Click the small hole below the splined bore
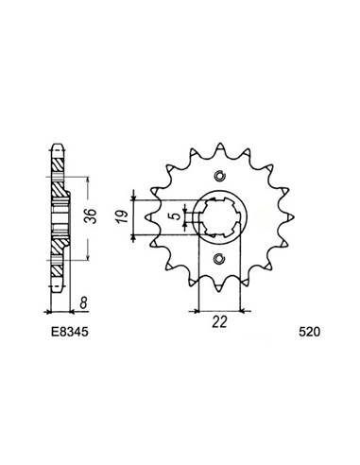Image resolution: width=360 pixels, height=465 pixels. pos(219,259)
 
